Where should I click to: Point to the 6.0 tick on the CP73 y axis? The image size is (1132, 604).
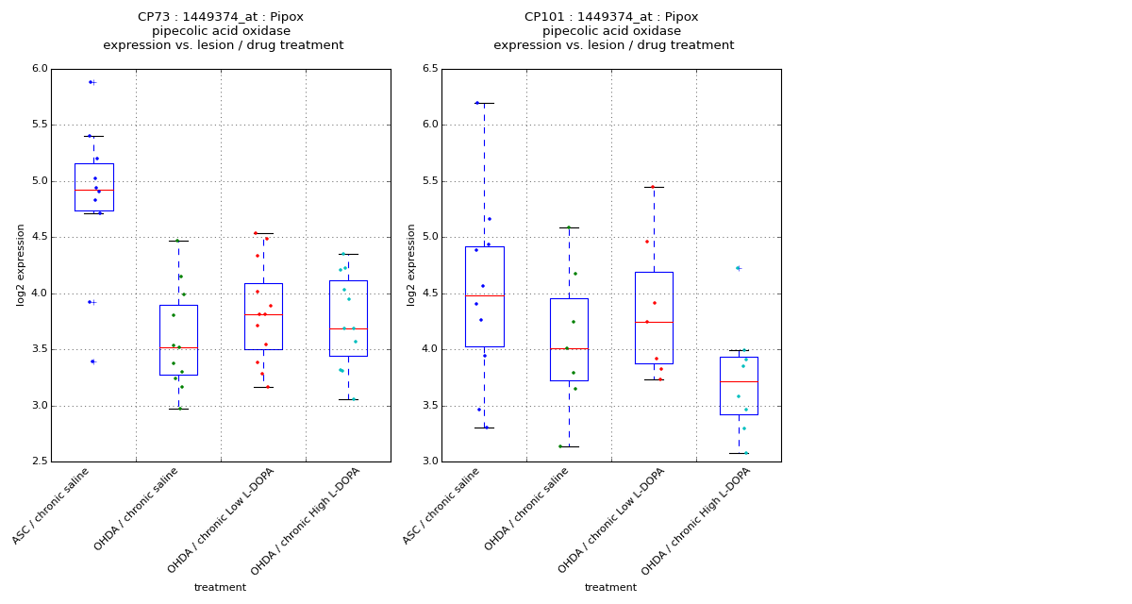point(39,69)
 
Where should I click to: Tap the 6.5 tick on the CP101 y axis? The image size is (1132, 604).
point(429,69)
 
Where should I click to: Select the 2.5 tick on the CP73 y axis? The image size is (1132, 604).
point(39,461)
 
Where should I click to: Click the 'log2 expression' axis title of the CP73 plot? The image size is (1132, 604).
point(21,264)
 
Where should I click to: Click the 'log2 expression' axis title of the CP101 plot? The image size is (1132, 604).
point(411,264)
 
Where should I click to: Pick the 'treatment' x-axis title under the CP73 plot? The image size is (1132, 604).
point(220,588)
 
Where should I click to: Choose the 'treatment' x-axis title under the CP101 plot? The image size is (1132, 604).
point(610,588)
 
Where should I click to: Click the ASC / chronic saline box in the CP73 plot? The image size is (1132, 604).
point(93,187)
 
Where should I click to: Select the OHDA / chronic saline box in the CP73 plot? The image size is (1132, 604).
point(178,340)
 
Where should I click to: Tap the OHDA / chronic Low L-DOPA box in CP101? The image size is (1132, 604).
point(654,317)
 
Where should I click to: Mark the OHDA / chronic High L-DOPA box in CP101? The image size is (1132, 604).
point(739,385)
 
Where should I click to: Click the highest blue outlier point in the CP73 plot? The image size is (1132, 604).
point(91,82)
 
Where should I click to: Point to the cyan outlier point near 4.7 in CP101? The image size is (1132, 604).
point(738,268)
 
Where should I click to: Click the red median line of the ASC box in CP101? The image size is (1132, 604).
point(484,295)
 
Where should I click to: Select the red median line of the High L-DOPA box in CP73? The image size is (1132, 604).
point(348,328)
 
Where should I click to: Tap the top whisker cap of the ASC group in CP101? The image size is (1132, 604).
point(484,103)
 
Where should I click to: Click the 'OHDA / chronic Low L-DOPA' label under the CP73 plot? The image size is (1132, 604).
point(222,519)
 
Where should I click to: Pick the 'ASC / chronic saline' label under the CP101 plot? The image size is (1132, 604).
point(441,506)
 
